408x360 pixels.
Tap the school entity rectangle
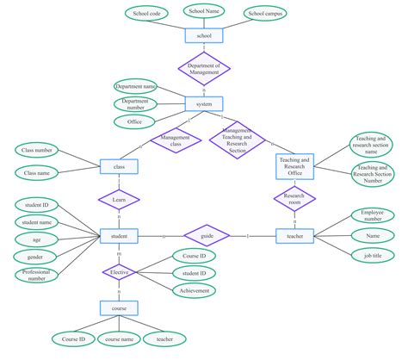pyautogui.click(x=204, y=36)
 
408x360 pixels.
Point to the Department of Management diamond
pyautogui.click(x=204, y=68)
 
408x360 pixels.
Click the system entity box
pyautogui.click(x=204, y=104)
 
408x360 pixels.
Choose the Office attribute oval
pyautogui.click(x=134, y=121)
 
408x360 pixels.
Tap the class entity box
pyautogui.click(x=119, y=165)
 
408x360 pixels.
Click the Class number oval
pyautogui.click(x=37, y=151)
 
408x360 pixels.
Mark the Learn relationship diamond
pyautogui.click(x=119, y=200)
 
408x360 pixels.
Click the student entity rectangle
pyautogui.click(x=119, y=235)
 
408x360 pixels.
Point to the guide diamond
pyautogui.click(x=207, y=235)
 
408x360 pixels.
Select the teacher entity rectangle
pyautogui.click(x=294, y=235)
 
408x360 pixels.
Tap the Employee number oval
pyautogui.click(x=373, y=215)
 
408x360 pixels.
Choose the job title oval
pyautogui.click(x=373, y=255)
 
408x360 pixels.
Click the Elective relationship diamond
pyautogui.click(x=119, y=273)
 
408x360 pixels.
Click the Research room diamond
pyautogui.click(x=294, y=199)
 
